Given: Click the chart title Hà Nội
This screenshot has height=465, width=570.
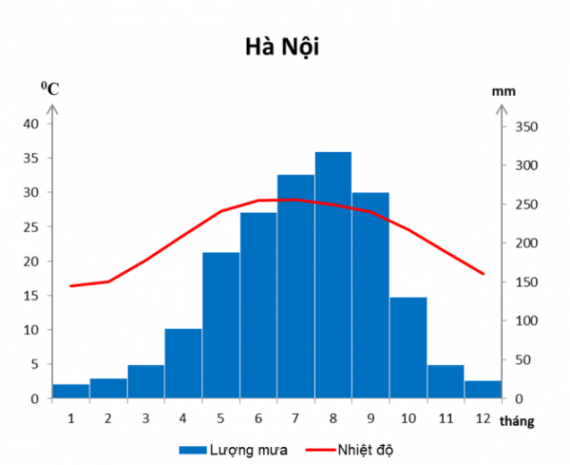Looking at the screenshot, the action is click(x=282, y=48).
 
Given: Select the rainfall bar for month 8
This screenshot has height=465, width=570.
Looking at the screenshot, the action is click(x=333, y=275).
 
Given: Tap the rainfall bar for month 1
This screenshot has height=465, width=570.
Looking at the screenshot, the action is click(x=71, y=391).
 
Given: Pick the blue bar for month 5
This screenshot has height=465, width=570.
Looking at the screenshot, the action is click(x=221, y=325).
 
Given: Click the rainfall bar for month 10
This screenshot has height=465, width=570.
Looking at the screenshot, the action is click(x=408, y=348).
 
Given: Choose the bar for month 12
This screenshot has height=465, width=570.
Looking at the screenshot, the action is click(x=484, y=389).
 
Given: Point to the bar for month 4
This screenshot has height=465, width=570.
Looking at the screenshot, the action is click(x=183, y=363).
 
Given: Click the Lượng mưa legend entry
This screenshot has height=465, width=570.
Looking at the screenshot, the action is click(x=234, y=450).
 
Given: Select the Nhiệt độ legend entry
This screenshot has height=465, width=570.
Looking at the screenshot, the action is click(x=350, y=450).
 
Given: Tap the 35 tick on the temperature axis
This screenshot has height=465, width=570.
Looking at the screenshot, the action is click(x=31, y=158).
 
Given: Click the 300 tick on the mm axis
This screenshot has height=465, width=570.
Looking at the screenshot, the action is click(x=526, y=165).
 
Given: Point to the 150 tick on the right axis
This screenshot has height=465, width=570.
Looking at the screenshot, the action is click(x=526, y=282).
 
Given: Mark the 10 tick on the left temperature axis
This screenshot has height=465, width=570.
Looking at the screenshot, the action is click(x=31, y=330).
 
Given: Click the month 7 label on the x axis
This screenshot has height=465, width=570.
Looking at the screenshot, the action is click(x=295, y=418).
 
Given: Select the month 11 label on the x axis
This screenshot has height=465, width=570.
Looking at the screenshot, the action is click(x=446, y=418).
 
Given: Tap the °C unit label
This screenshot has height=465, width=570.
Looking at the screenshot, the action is click(x=49, y=88).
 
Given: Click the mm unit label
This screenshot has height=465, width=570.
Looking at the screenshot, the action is click(x=503, y=91).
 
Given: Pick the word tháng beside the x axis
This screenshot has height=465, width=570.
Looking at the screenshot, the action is click(x=517, y=421).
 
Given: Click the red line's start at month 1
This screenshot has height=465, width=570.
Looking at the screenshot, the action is click(x=70, y=286).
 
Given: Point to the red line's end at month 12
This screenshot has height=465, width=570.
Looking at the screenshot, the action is click(x=484, y=274).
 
